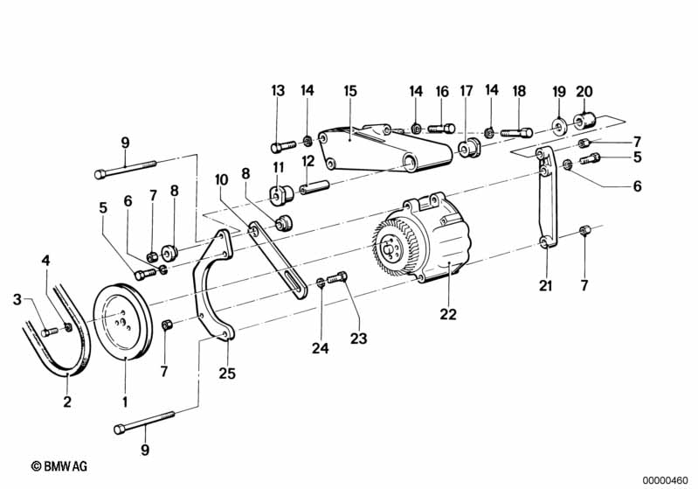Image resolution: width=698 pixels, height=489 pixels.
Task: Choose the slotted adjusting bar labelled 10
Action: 277,260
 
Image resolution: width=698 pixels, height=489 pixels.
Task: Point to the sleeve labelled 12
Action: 314,187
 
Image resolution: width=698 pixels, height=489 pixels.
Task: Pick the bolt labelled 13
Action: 283,146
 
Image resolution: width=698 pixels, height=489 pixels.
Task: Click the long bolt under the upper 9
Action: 125,169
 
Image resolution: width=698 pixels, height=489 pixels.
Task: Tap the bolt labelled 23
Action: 337,279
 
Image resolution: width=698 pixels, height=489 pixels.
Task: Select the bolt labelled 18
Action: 516,133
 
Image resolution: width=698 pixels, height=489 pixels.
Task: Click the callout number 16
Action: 442,92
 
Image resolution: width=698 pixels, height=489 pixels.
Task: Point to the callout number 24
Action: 320,348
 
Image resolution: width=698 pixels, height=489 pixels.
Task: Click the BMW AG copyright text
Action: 59,467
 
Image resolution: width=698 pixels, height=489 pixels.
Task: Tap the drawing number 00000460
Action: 665,480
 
